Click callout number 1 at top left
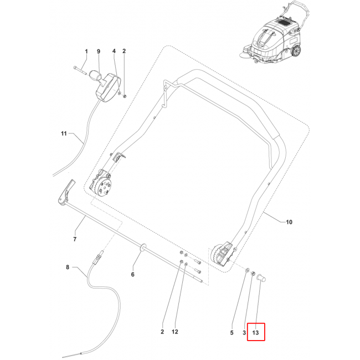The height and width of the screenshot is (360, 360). pos(86,52)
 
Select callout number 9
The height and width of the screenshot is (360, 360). pos(99,52)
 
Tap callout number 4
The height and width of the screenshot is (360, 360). pos(114,52)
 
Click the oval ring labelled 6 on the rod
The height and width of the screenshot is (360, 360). pos(143,245)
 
